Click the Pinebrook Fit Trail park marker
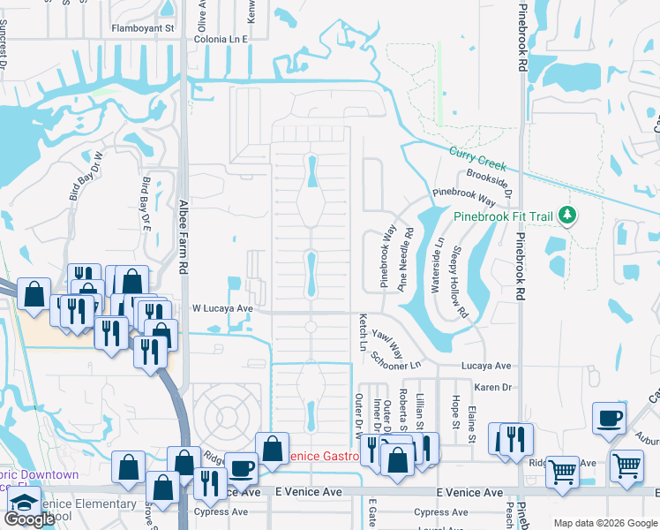coord(569,215)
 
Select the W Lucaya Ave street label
coord(222,308)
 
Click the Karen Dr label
coord(493,387)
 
